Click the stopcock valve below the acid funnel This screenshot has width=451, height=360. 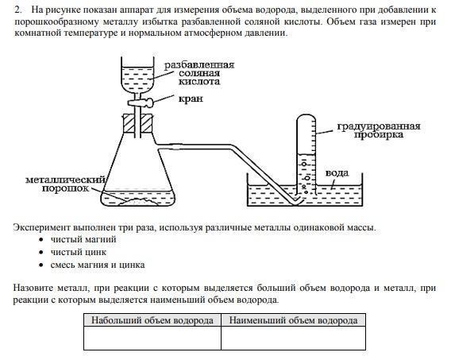[141, 103]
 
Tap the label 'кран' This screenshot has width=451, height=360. [191, 99]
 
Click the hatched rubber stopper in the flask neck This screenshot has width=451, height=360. [138, 124]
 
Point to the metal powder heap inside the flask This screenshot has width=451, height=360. [139, 201]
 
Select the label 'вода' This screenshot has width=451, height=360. [337, 173]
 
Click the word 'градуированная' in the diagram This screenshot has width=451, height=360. [379, 126]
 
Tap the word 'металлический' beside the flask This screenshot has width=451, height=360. [66, 180]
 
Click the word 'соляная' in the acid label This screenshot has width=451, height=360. [199, 73]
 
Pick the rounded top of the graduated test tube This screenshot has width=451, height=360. [306, 117]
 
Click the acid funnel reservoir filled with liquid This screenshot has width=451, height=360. [137, 78]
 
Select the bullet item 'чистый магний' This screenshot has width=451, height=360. [83, 239]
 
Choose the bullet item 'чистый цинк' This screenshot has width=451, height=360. [79, 253]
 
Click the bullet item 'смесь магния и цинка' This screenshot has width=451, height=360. [98, 265]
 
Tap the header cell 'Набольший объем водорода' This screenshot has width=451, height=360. [152, 320]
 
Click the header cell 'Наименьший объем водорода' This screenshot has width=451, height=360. [293, 320]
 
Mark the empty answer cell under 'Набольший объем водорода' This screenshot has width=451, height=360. [152, 338]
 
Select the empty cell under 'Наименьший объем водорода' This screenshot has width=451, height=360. [293, 338]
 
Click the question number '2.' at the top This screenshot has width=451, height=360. [17, 10]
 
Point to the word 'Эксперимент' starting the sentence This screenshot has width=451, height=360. [42, 227]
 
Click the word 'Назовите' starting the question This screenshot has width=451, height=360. [33, 288]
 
